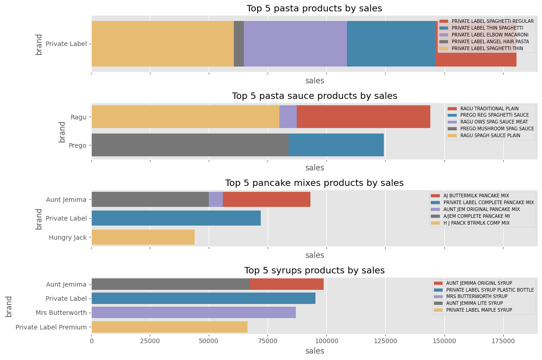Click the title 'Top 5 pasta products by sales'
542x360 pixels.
click(314, 9)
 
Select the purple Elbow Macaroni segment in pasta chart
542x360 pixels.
click(295, 44)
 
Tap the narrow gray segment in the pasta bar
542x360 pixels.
click(238, 44)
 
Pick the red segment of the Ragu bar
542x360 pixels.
click(363, 117)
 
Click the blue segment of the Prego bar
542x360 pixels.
click(336, 145)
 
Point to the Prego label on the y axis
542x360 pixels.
click(77, 145)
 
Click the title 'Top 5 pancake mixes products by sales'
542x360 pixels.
click(314, 183)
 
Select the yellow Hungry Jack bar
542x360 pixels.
click(143, 237)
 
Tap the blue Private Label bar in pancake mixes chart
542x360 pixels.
click(176, 218)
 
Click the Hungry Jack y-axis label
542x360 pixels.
click(67, 237)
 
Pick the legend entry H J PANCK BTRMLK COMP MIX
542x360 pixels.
click(476, 223)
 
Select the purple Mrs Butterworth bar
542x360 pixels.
click(194, 312)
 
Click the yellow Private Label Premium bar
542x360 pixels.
click(170, 327)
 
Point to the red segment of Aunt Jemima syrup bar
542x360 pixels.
click(286, 284)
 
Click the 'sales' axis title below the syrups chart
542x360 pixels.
click(315, 351)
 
